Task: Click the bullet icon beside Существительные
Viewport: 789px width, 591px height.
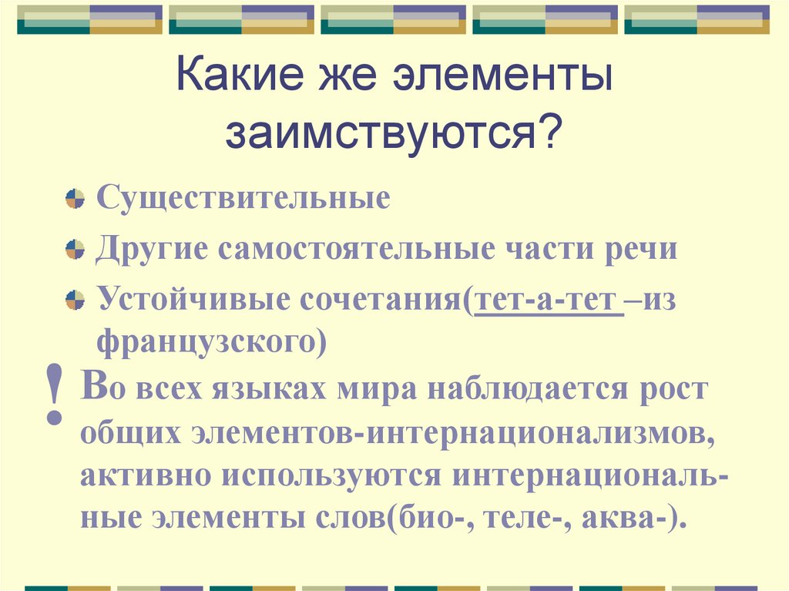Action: pos(75,199)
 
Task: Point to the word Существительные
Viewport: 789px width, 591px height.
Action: pos(243,198)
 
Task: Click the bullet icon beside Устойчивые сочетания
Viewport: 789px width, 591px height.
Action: pos(75,299)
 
